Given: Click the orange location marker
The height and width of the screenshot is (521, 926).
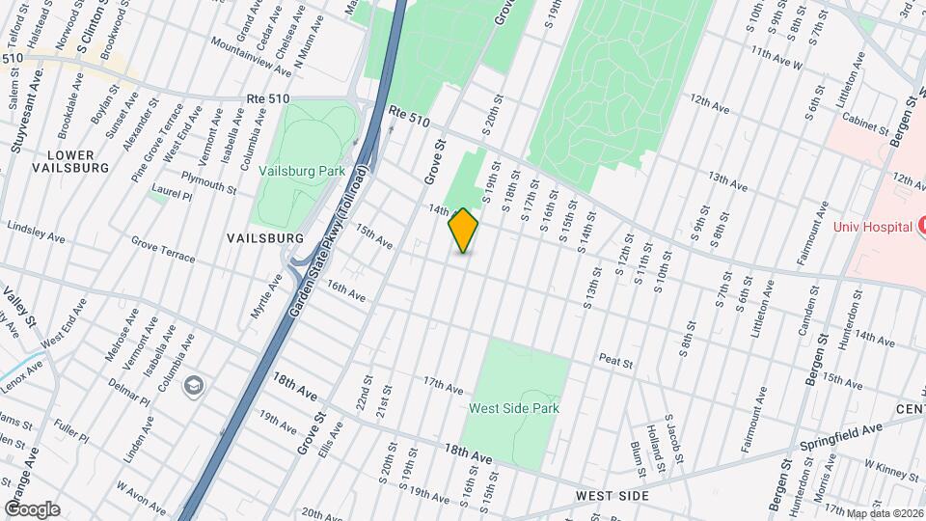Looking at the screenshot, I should pos(464,231).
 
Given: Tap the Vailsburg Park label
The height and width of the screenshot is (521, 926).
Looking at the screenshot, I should pos(302,171).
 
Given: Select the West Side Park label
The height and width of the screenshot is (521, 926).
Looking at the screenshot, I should pos(514,408).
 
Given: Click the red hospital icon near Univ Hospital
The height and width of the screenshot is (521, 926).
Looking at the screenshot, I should pos(921,226).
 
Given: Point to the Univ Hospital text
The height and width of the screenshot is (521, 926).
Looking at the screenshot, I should pos(873,227).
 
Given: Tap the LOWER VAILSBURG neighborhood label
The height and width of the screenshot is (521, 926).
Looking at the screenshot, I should pos(64,161).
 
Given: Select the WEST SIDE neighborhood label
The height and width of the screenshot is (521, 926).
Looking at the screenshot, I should pos(613,495).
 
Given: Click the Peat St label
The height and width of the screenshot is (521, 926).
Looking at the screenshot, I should pos(614,363).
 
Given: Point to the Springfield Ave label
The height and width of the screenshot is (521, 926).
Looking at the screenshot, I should pos(840,436).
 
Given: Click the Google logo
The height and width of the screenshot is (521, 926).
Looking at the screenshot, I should pos(32,509).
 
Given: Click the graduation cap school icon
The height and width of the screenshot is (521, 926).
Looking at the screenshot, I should pos(196,385).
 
